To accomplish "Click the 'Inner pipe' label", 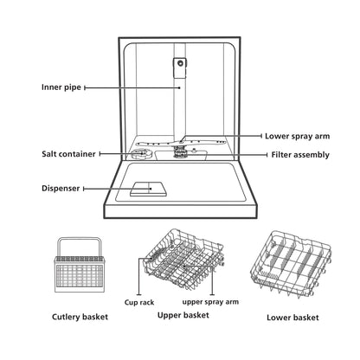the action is [x=61, y=87].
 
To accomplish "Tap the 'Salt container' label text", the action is [x=68, y=154].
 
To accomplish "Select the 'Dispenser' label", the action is [x=61, y=189].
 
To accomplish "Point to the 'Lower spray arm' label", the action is [x=298, y=136].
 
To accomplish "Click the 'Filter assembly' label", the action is [x=300, y=155].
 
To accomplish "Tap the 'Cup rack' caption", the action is [x=139, y=302].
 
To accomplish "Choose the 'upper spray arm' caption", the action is [x=210, y=302].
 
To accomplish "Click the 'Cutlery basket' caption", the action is [x=80, y=317].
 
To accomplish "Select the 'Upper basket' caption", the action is [x=183, y=315].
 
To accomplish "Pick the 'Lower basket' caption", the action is [x=292, y=318].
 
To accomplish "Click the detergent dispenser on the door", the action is [x=149, y=189].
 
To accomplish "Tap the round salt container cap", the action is [x=141, y=153].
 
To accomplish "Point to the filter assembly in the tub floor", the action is [x=181, y=151].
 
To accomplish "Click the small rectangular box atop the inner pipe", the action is [x=180, y=67].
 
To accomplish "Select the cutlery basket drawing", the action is [x=80, y=265].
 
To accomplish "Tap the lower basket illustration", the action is [x=291, y=263].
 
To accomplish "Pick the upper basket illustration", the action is [x=183, y=258].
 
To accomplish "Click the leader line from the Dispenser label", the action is [x=118, y=189].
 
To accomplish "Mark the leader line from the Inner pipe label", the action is [x=132, y=87].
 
